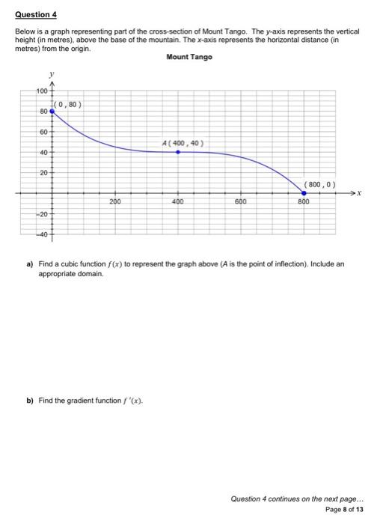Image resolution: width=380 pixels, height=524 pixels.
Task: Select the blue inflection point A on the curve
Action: tap(177, 152)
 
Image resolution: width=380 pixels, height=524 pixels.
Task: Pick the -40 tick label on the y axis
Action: tap(41, 236)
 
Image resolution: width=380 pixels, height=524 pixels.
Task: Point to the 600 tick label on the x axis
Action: tap(240, 202)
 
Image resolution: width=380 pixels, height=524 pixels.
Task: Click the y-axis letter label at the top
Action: tap(51, 74)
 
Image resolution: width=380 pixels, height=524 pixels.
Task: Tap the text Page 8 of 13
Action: tap(345, 508)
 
